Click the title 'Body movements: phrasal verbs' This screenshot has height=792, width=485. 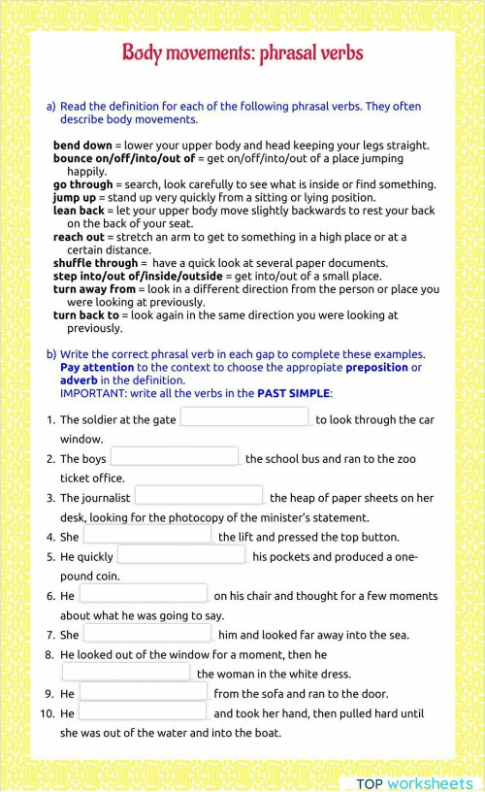coord(242,52)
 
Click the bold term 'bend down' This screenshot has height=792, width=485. coord(82,146)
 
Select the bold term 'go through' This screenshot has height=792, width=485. coord(82,184)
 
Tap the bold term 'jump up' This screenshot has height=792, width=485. coord(75,197)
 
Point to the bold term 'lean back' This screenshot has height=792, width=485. coord(79,211)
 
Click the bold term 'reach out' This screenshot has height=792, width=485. coord(79,237)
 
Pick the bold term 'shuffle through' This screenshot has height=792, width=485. coord(95,263)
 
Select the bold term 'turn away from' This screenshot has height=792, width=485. coord(94,289)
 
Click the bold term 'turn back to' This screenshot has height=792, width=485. coord(86,315)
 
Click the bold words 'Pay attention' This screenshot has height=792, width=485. coord(97,368)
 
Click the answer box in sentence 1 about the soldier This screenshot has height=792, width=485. coord(244,417)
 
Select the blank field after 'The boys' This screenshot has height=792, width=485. coord(175,457)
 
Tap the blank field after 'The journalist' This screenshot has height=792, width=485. coord(199,496)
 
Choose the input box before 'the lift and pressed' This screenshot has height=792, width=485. coord(147,535)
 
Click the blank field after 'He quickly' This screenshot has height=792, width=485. coord(181,555)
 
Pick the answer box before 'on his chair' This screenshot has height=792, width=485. coord(144,594)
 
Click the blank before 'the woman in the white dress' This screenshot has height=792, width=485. coord(126,672)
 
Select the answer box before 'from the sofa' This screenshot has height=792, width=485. coord(144,692)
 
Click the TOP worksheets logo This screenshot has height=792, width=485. coord(414,782)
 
